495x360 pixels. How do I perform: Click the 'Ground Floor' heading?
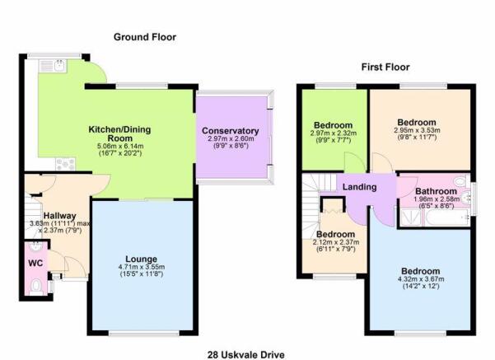pos(144,37)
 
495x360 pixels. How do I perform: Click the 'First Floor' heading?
pos(384,67)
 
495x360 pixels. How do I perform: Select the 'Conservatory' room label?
pos(231,131)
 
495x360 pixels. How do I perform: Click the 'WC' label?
pos(35,264)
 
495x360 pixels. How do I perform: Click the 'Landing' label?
pos(360,187)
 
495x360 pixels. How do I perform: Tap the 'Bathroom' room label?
pos(432,189)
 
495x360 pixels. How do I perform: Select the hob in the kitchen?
pos(66,164)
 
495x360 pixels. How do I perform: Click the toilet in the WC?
pos(36,284)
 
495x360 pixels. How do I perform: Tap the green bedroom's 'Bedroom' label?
pos(333,124)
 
